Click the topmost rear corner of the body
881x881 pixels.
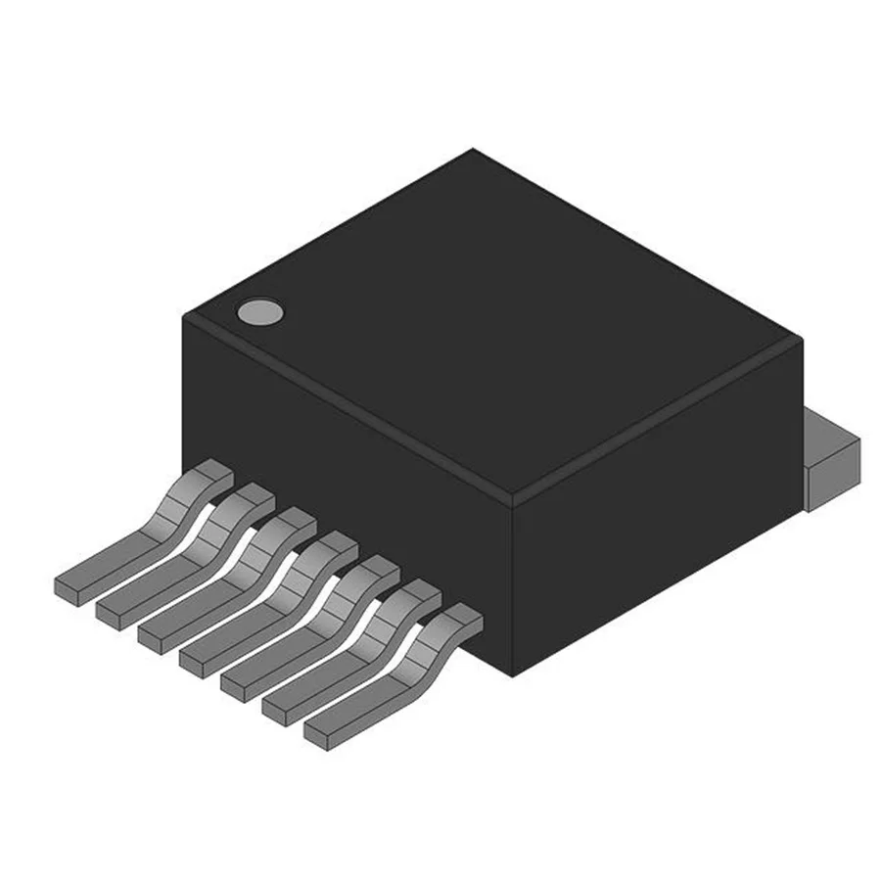(474, 149)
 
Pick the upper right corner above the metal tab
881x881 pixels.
(801, 339)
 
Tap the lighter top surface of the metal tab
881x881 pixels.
(832, 431)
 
